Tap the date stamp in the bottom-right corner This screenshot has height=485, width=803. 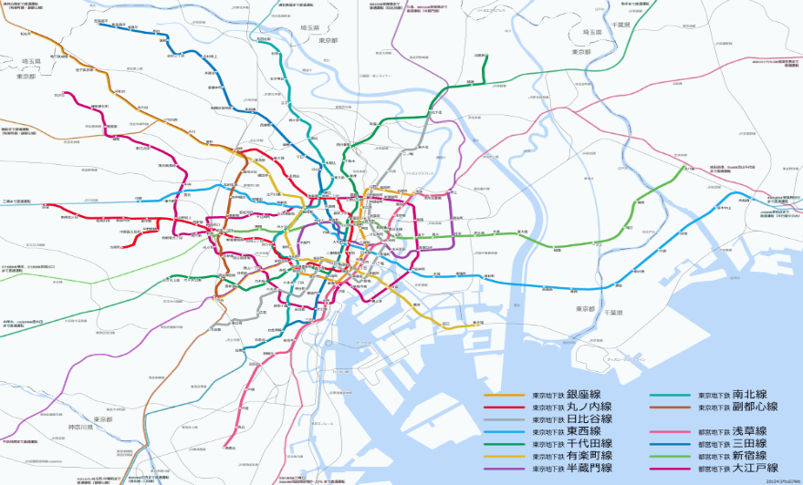[x=782, y=480]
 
